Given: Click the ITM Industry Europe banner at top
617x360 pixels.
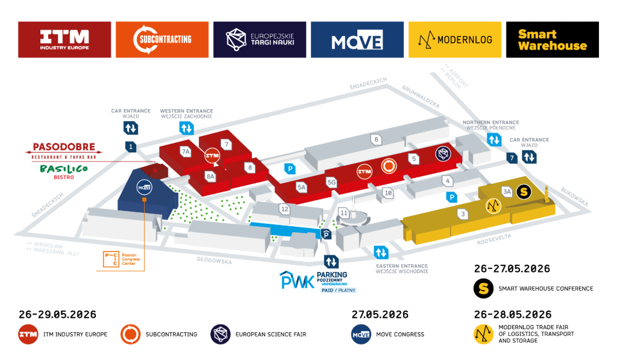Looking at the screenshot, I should click(x=64, y=40).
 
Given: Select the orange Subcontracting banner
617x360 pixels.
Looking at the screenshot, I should click(x=162, y=40).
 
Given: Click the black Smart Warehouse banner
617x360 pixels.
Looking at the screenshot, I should click(x=552, y=40).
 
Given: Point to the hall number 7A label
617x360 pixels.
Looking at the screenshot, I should click(x=186, y=151).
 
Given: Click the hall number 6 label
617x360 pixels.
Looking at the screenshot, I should click(x=377, y=139).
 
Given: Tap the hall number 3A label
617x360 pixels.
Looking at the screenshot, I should click(x=507, y=192).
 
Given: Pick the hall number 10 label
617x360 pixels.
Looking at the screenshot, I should click(x=389, y=193).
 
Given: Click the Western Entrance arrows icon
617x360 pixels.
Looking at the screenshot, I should click(x=186, y=128).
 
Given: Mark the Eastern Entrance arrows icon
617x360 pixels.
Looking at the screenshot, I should click(x=381, y=251).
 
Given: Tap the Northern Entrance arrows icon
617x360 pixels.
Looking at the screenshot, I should click(x=494, y=139).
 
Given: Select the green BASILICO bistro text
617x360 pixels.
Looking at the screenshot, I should click(x=64, y=169).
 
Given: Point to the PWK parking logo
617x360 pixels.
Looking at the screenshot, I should click(x=297, y=280).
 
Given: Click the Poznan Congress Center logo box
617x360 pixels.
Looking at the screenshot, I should click(x=111, y=258).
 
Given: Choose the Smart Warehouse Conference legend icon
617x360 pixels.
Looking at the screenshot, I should click(x=483, y=288).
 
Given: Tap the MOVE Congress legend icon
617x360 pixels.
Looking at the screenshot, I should click(x=360, y=334).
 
